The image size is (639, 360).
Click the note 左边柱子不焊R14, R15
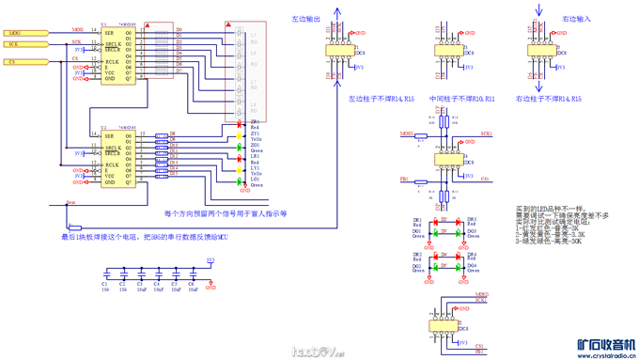coord(382,97)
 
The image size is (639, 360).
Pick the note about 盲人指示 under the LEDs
coord(225,213)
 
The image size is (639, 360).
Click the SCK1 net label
coord(487,134)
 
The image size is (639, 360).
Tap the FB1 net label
coord(404,178)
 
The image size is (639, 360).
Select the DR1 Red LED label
coord(417,222)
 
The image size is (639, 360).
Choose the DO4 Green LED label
coord(472,268)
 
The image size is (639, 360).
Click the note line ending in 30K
coord(550,241)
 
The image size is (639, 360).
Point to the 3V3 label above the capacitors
coord(210,260)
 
